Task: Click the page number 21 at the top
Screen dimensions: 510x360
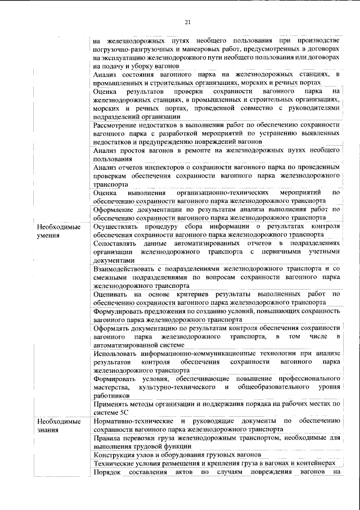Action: click(188, 22)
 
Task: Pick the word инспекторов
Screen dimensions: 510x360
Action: click(160, 168)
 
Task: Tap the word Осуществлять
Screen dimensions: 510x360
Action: click(119, 227)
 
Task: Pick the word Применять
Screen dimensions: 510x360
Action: click(112, 404)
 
